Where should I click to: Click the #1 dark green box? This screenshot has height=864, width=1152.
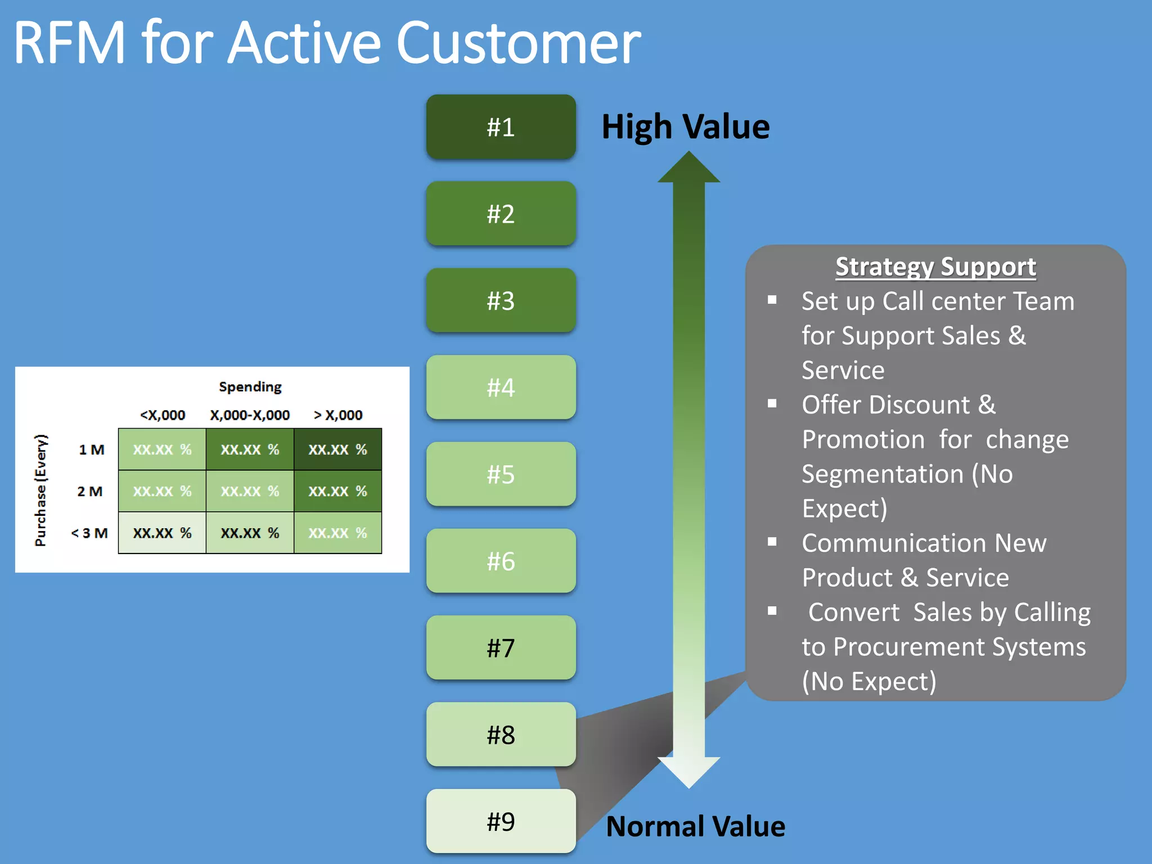[501, 127]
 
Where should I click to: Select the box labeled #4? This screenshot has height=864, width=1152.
[501, 388]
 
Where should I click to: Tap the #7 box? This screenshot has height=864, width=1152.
[501, 648]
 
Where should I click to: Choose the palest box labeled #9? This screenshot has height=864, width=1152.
[501, 821]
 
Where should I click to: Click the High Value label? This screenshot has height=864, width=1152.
[685, 127]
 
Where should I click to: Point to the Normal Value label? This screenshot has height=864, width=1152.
[695, 826]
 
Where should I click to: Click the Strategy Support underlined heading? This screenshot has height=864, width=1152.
[935, 267]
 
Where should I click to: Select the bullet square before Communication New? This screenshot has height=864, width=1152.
[772, 542]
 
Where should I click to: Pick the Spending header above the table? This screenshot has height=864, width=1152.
[250, 387]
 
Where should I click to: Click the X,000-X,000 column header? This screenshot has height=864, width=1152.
[250, 415]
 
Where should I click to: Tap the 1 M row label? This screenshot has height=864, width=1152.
[92, 449]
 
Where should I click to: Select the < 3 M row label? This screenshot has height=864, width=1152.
[89, 533]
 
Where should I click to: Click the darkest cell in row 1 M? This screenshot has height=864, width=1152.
[337, 449]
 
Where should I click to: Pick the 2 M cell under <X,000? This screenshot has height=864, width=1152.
[162, 491]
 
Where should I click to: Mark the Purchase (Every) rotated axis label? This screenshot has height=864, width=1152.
[41, 490]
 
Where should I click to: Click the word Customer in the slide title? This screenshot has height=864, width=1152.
[518, 43]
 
